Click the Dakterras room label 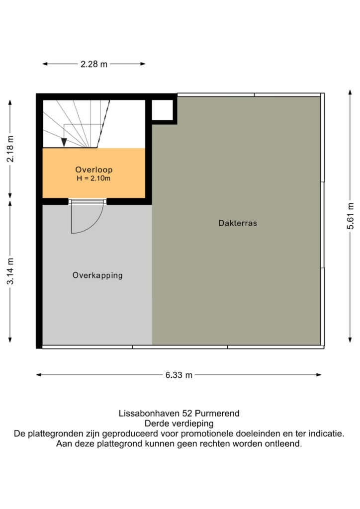point(238,223)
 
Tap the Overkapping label point(97,275)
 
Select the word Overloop point(94,170)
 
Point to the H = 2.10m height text point(93,178)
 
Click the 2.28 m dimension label point(94,64)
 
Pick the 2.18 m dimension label point(10,149)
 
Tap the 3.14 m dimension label point(10,271)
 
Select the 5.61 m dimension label point(350,216)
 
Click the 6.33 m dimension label point(179,375)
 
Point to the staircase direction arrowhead point(64,142)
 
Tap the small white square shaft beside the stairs point(162,110)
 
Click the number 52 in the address point(187,413)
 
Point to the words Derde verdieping point(179,424)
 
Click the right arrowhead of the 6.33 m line point(319,375)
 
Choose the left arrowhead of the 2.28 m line point(45,64)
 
